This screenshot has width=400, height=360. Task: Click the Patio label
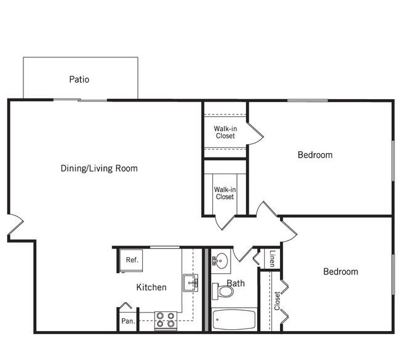click(79, 79)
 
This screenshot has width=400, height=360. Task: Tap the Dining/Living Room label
click(99, 169)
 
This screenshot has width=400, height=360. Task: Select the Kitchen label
click(151, 287)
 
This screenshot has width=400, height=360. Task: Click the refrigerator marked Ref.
click(131, 260)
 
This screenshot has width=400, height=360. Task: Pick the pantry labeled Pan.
click(129, 321)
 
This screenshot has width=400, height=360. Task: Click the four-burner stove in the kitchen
click(166, 321)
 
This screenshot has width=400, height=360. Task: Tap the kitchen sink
click(190, 283)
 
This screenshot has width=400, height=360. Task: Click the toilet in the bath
click(222, 291)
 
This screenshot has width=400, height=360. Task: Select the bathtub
click(234, 319)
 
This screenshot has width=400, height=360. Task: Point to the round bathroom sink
click(220, 260)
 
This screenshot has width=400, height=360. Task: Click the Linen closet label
click(273, 258)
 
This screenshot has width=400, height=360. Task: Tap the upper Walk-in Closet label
click(225, 132)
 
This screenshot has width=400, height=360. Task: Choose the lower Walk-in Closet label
click(225, 193)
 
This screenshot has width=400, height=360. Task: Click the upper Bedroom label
click(315, 155)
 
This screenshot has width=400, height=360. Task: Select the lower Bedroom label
click(340, 271)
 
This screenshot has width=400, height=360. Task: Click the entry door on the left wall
click(16, 225)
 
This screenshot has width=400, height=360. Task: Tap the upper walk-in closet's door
click(255, 134)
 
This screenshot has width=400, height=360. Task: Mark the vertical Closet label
click(277, 301)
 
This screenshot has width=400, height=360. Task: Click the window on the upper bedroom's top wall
click(308, 100)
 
